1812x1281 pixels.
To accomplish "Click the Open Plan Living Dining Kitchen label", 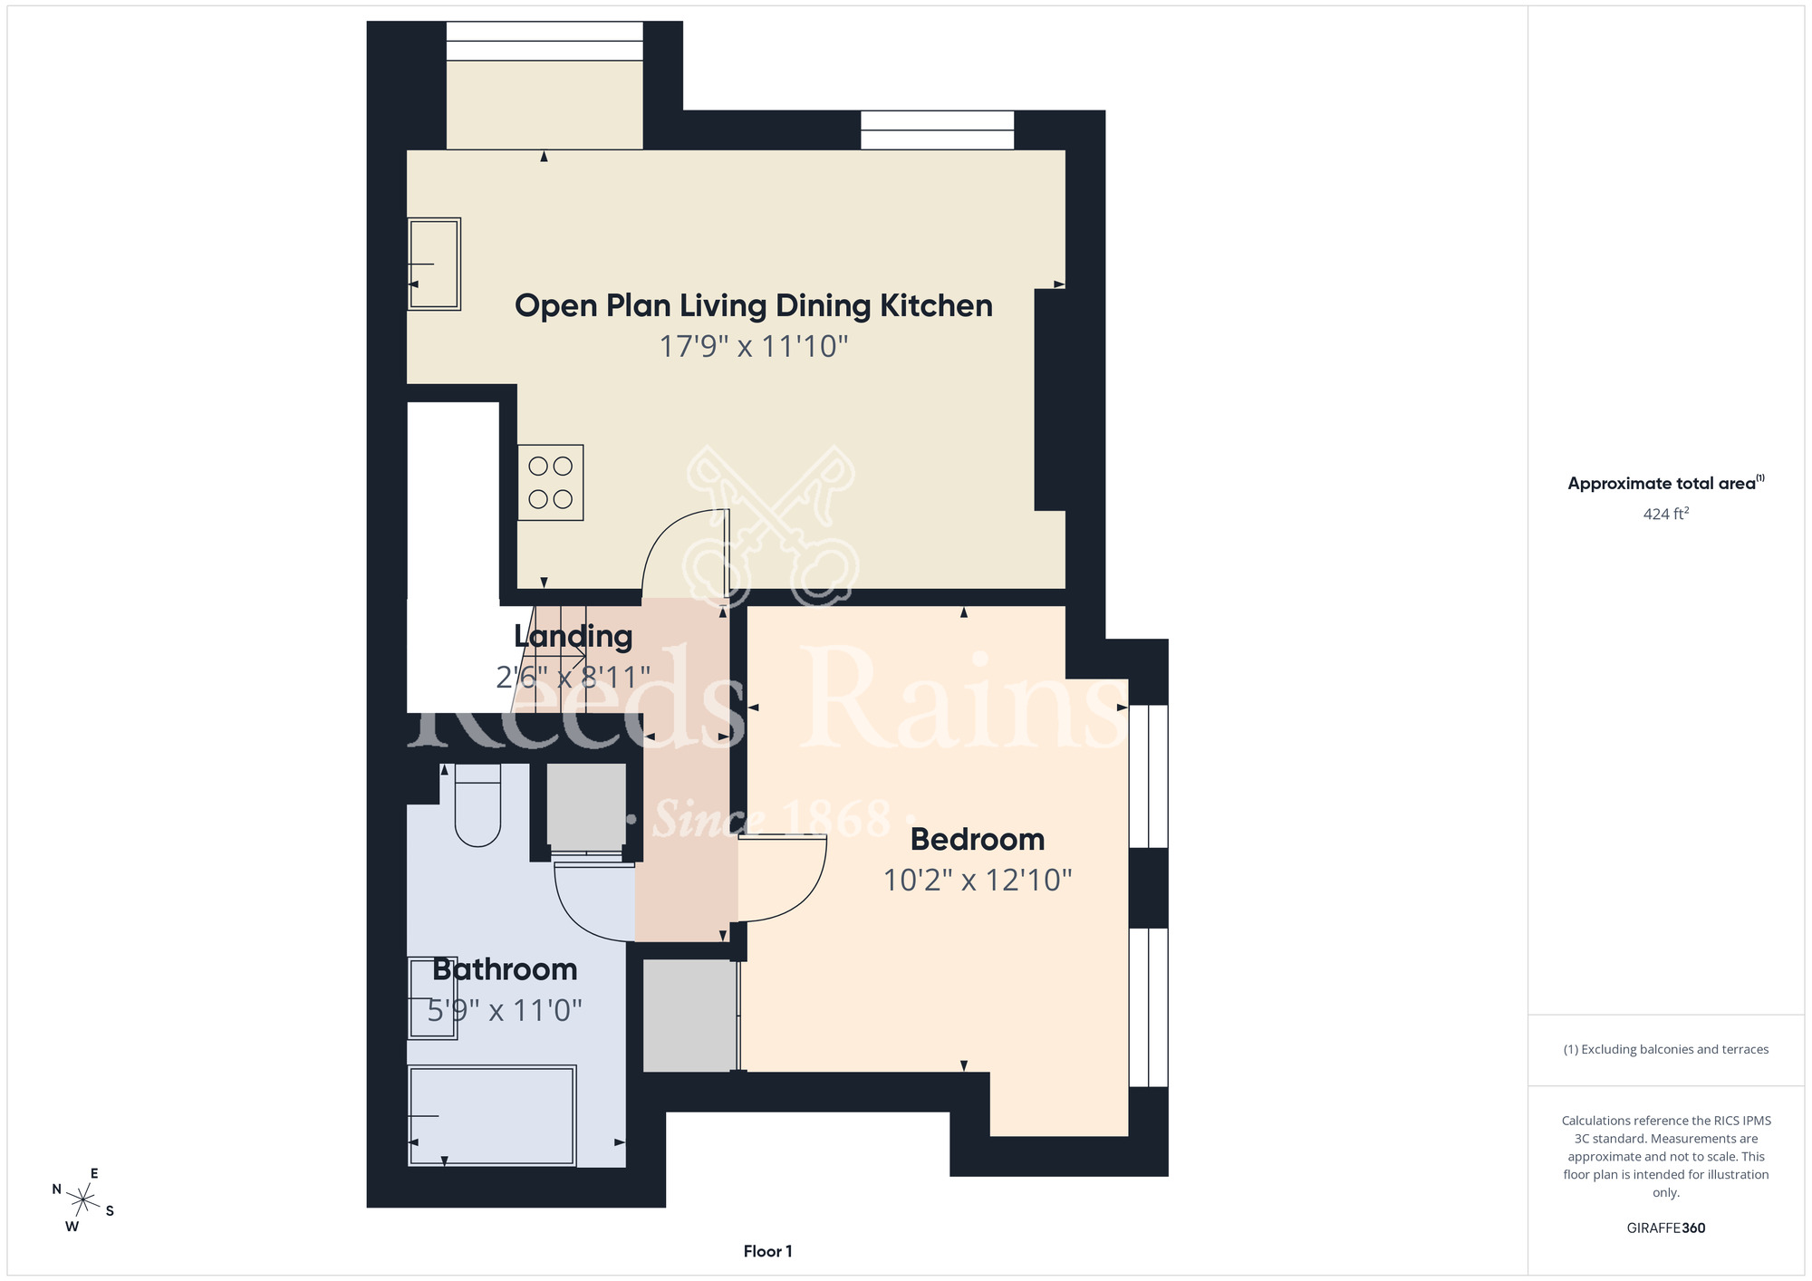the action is [x=754, y=306].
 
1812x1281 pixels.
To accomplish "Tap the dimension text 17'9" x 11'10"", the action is [x=754, y=347].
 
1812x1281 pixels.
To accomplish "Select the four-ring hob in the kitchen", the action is [x=551, y=482].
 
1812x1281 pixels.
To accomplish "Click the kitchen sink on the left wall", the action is [x=434, y=264].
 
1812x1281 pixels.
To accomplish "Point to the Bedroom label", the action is [x=978, y=840].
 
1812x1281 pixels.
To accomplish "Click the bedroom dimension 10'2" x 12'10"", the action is [x=978, y=881].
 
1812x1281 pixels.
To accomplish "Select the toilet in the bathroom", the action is [x=477, y=804].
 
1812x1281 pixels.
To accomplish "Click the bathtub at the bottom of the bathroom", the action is [x=492, y=1115].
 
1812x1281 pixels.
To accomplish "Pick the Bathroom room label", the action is [x=505, y=970].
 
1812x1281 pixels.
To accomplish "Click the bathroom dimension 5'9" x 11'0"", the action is [x=505, y=1010].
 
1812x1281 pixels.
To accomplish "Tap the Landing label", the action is [x=573, y=636].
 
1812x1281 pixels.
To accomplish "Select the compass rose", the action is [x=83, y=1200].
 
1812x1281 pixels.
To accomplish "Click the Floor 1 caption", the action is [x=767, y=1251].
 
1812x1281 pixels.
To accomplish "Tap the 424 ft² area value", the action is [x=1666, y=514].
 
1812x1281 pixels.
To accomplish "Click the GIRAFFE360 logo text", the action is [x=1666, y=1228].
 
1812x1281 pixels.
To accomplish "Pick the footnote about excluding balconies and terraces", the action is [x=1666, y=1049].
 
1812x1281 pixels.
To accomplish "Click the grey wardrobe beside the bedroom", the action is [x=689, y=1016].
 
